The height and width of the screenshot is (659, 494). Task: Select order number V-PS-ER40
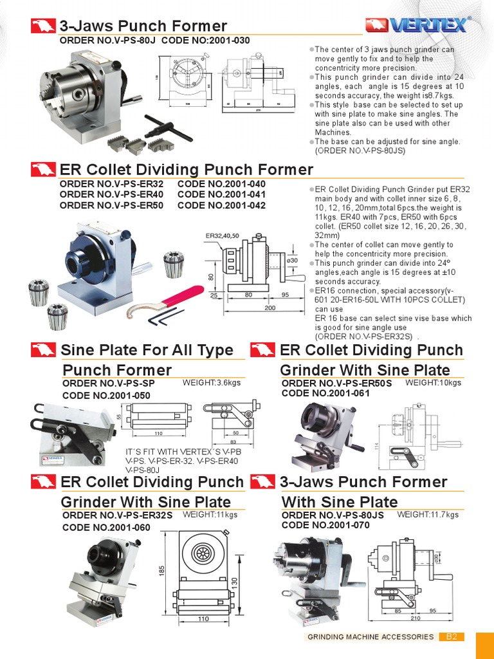[x=111, y=194]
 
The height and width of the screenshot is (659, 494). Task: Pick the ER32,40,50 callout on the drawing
[x=222, y=236]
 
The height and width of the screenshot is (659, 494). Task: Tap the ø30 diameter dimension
[x=291, y=259]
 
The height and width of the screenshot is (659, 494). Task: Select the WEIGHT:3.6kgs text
[x=212, y=383]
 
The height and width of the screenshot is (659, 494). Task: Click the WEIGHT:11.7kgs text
[x=428, y=514]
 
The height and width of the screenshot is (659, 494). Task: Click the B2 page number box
[x=452, y=637]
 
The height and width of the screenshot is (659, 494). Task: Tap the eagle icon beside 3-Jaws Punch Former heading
[x=42, y=26]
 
